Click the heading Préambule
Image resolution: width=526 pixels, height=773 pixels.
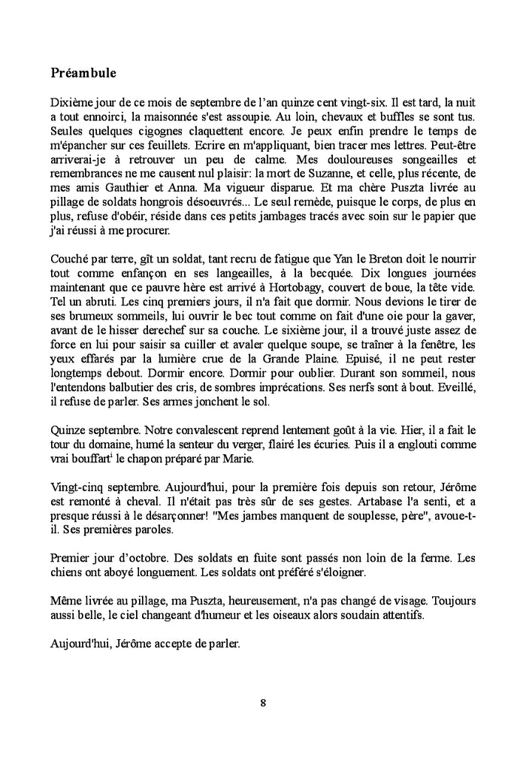(x=83, y=73)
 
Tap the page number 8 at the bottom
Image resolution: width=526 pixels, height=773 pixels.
(x=263, y=704)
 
